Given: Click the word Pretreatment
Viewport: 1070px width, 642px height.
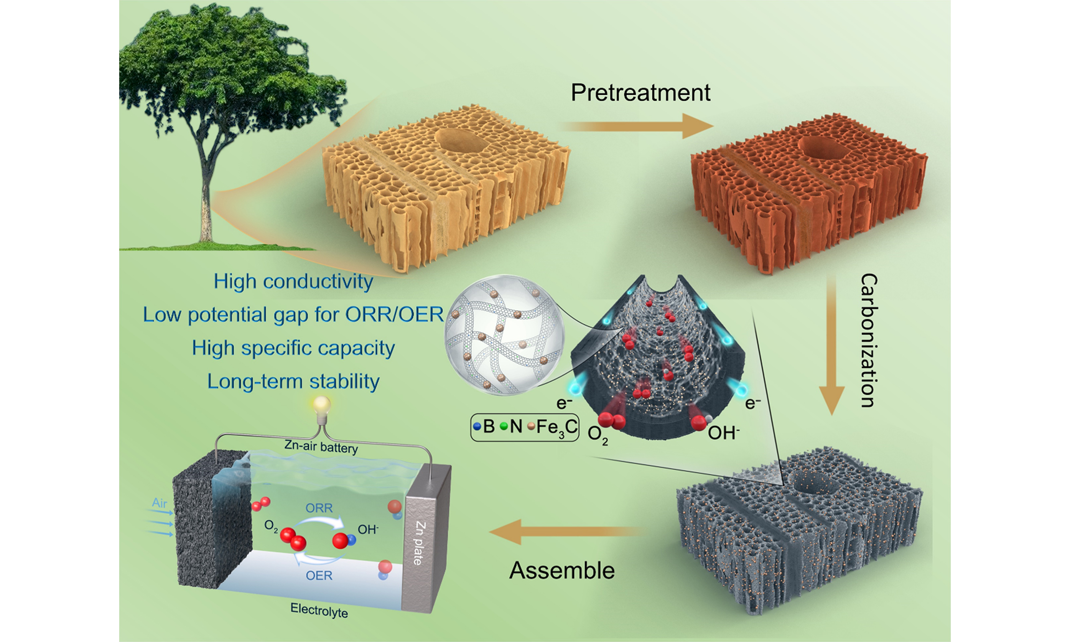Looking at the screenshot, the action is pyautogui.click(x=640, y=92).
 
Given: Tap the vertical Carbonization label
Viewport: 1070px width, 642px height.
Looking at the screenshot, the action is pyautogui.click(x=869, y=341).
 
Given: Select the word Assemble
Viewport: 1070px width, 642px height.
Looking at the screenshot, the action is pyautogui.click(x=562, y=570).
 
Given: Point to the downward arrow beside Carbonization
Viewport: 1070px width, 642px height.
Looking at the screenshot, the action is pyautogui.click(x=832, y=344).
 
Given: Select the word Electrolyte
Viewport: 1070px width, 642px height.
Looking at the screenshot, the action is pyautogui.click(x=319, y=610).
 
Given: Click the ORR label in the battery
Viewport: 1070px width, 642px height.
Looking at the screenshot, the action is pyautogui.click(x=319, y=507).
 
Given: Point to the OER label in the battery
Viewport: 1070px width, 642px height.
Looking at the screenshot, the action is pyautogui.click(x=319, y=576).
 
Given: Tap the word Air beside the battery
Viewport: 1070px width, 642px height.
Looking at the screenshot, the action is pyautogui.click(x=160, y=503).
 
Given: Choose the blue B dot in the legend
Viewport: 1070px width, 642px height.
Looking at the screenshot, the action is pyautogui.click(x=477, y=427).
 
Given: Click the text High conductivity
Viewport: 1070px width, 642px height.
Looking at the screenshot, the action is pyautogui.click(x=293, y=282).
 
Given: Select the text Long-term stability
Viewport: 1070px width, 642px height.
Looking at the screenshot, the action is pyautogui.click(x=293, y=382).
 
